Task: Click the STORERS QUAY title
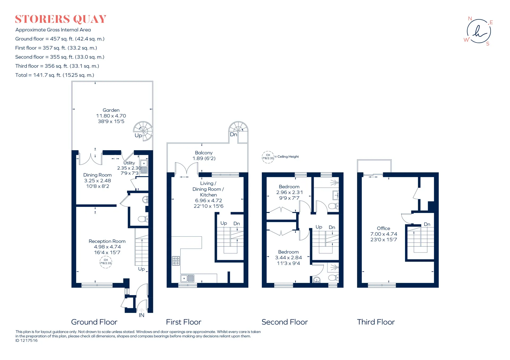coord(61,19)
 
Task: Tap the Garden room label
coord(111,110)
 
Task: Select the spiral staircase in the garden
coord(143,131)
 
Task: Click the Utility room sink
coord(144,167)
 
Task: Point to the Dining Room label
coord(97,175)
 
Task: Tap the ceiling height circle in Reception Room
coord(106,262)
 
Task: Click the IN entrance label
coord(142,315)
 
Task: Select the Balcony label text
coord(204,153)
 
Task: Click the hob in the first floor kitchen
coord(176,261)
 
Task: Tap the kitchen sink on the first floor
coord(188,278)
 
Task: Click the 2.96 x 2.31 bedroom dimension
coord(289,192)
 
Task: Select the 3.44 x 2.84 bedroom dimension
coord(288,257)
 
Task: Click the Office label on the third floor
coord(384,228)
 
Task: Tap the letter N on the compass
coord(470,19)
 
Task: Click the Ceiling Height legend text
coord(288,157)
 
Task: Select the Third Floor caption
coord(376,322)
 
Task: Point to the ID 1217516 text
coord(27,340)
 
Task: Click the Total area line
coord(55,75)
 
